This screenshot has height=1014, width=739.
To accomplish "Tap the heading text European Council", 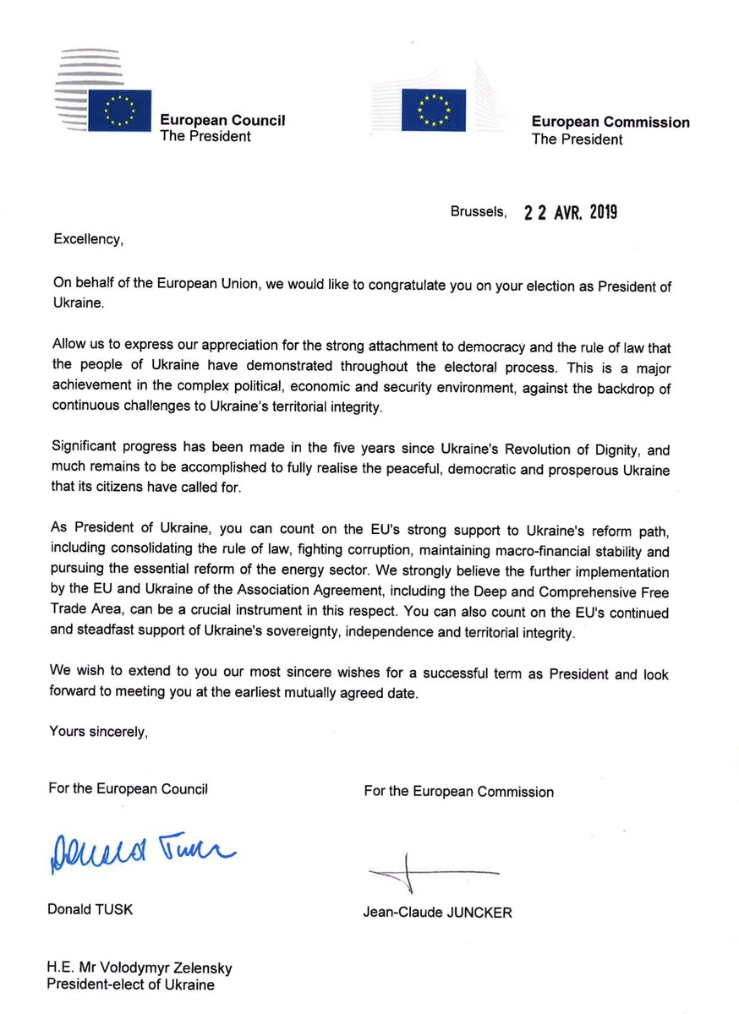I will [x=222, y=121].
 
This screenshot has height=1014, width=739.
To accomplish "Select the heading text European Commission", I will [x=610, y=123].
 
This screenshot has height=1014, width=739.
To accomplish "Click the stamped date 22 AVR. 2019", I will [x=570, y=212].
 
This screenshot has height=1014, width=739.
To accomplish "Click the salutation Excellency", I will [x=89, y=239].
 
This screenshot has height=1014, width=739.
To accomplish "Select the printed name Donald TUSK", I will [x=91, y=909].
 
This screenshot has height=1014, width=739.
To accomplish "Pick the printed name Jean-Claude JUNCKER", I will [x=437, y=913].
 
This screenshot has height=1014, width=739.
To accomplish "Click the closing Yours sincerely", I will [x=98, y=732].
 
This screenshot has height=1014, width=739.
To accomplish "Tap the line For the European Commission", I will [x=458, y=792].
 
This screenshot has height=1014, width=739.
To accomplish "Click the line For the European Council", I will [x=129, y=789].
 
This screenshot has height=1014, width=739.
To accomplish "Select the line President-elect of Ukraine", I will [x=131, y=984].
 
